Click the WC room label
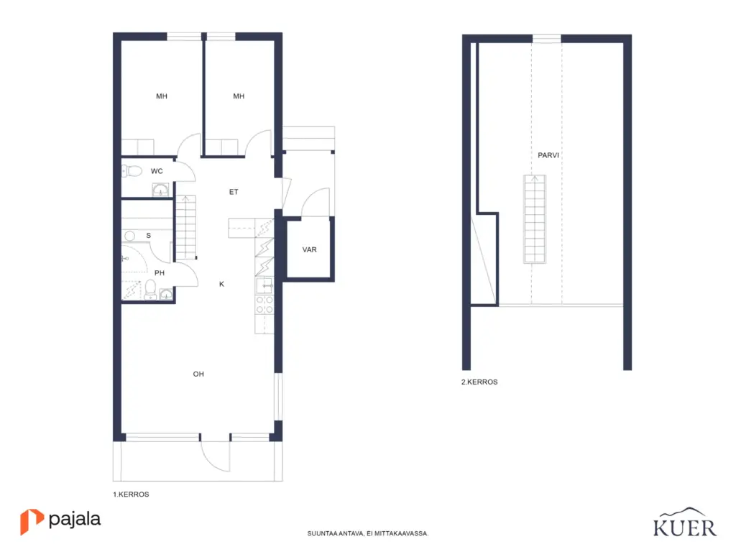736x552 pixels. coord(157,171)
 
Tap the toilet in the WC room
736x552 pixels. coord(132,171)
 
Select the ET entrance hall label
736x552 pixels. coord(234,191)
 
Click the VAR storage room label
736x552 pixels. coord(309,249)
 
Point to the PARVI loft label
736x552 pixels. coord(548,155)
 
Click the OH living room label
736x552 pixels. coord(198,374)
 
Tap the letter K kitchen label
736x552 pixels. coord(221,284)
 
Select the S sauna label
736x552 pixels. coord(148,235)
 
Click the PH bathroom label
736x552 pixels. coord(160,272)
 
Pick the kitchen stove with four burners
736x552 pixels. coord(264,305)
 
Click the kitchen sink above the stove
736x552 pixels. coord(264,285)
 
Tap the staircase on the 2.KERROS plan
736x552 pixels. coord(535,218)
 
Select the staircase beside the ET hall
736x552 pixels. coord(186,227)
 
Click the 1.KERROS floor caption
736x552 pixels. coord(131,494)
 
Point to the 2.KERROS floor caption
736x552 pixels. coord(479,382)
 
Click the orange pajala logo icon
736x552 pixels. coord(31,521)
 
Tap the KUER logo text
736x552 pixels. coord(685,528)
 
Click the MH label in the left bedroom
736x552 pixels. coord(162,96)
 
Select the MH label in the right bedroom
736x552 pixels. coord(239,96)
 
